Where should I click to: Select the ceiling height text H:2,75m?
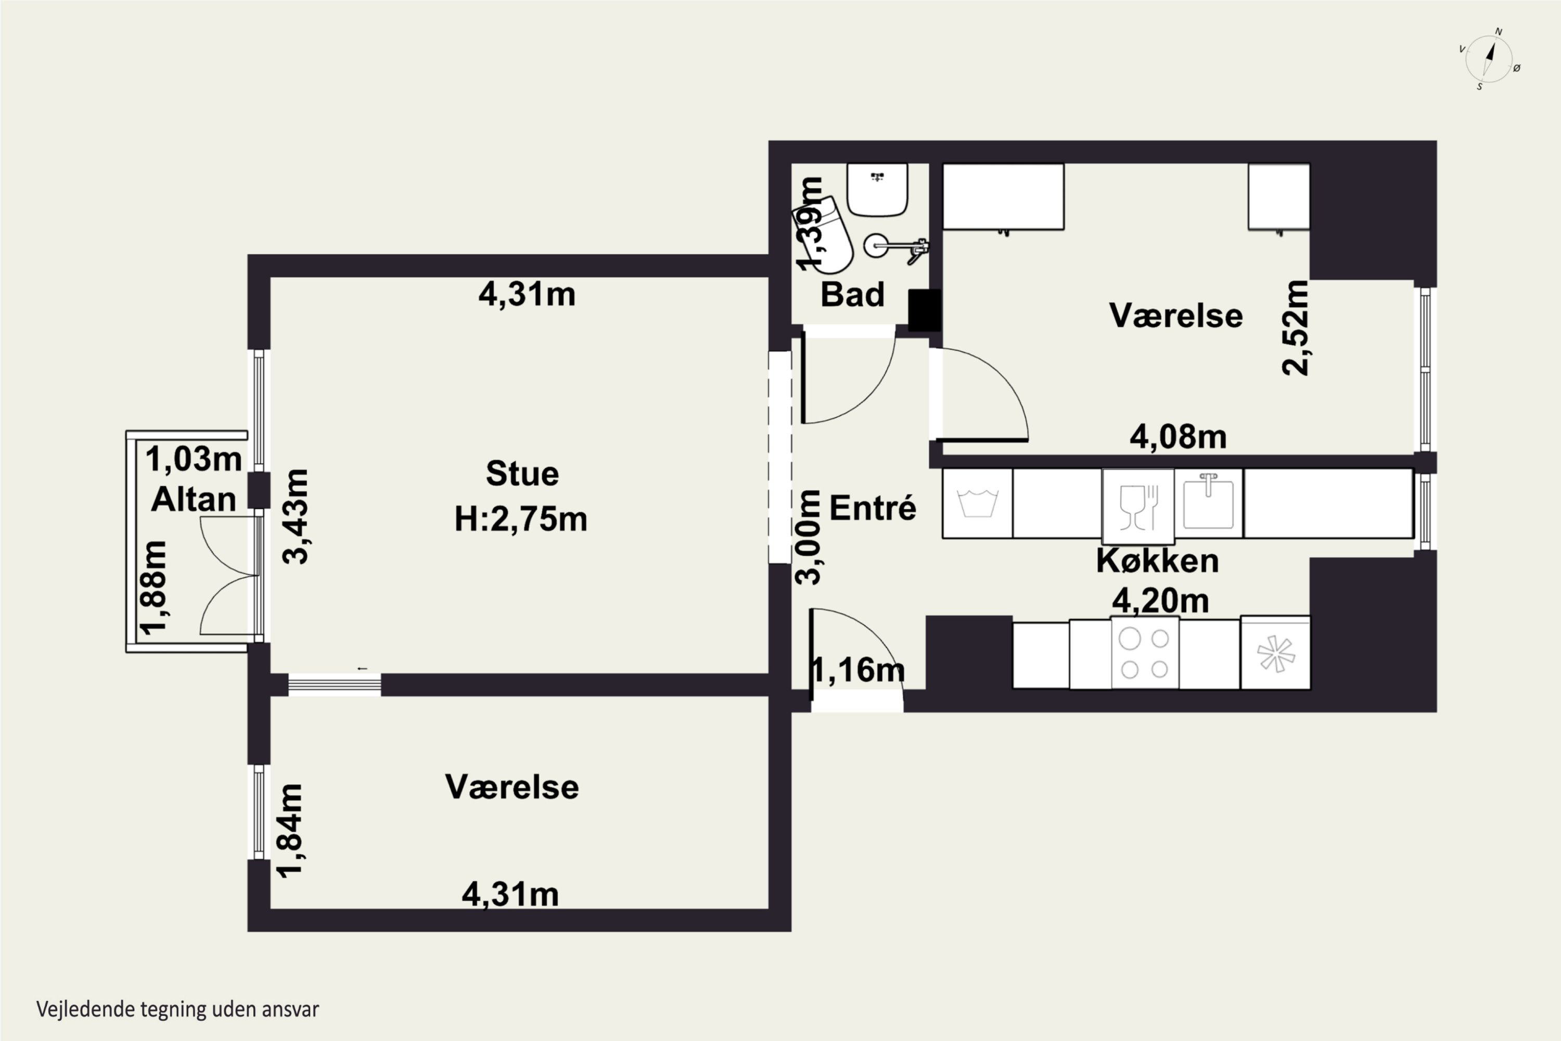521,519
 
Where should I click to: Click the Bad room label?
852,294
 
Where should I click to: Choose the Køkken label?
1157,561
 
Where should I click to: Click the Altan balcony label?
194,499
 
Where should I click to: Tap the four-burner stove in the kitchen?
1145,653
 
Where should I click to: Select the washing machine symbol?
978,503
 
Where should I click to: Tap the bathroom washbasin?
877,190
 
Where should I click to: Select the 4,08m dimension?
1178,437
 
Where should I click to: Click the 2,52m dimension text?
1295,328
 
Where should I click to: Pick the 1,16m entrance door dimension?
858,670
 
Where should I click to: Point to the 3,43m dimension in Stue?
296,516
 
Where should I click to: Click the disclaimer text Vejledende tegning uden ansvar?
178,1009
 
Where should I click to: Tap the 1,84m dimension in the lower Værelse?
289,831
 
